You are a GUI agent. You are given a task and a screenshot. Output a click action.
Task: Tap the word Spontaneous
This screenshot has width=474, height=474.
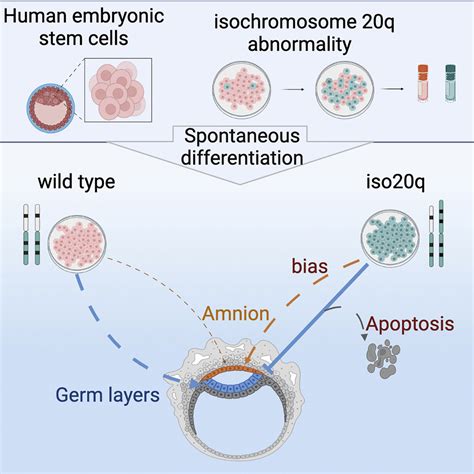coord(236,135)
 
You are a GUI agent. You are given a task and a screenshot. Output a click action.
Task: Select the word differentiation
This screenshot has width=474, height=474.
coord(236,158)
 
